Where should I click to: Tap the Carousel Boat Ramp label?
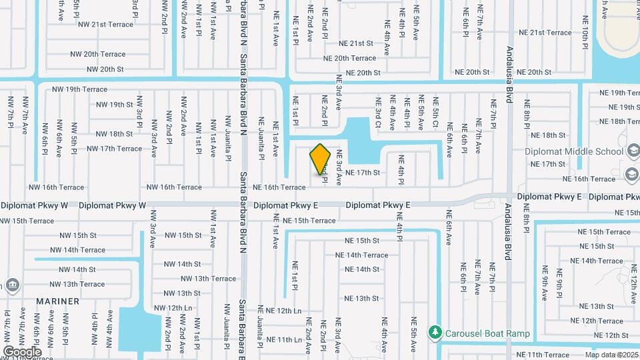[x=489, y=333]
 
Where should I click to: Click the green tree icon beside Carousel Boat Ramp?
[x=435, y=332]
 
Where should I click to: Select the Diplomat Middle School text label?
[x=574, y=151]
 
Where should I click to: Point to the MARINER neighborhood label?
[x=58, y=301]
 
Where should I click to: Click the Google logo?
[x=22, y=352]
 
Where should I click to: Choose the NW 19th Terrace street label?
[x=79, y=89]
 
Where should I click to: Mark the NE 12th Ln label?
[x=284, y=311]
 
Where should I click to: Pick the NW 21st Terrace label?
[x=105, y=24]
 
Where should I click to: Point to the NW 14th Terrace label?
[x=77, y=250]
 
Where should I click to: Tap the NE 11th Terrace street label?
[x=543, y=355]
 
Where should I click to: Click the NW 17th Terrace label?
[x=114, y=149]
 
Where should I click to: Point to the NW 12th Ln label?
[x=173, y=307]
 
